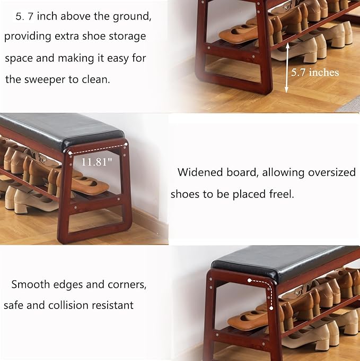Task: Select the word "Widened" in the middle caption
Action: coord(198,172)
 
